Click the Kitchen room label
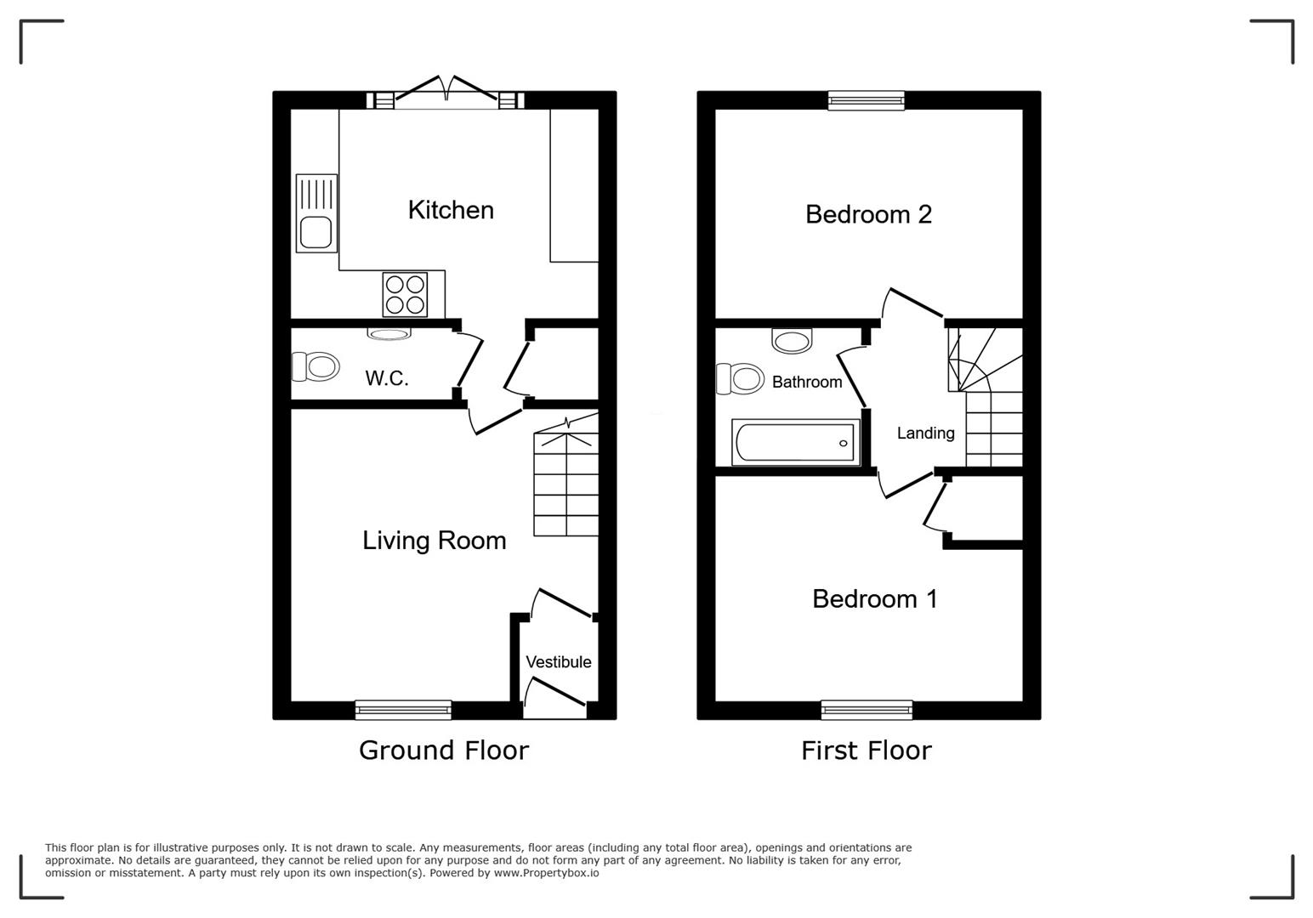tap(451, 210)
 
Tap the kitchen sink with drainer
tap(316, 213)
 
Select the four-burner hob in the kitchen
tap(405, 294)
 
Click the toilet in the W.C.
tap(315, 366)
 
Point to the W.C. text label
tap(387, 378)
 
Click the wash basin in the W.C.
tap(389, 334)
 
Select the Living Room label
tap(434, 541)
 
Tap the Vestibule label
tap(558, 662)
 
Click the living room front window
tap(403, 710)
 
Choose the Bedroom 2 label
tap(868, 214)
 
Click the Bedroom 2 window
tap(867, 100)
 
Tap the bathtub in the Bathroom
tap(795, 443)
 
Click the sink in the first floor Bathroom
tap(793, 341)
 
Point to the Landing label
tap(925, 433)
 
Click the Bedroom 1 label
tap(874, 599)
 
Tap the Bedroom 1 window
tap(867, 710)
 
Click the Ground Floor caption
tap(443, 751)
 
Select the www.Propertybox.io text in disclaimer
tap(546, 873)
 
